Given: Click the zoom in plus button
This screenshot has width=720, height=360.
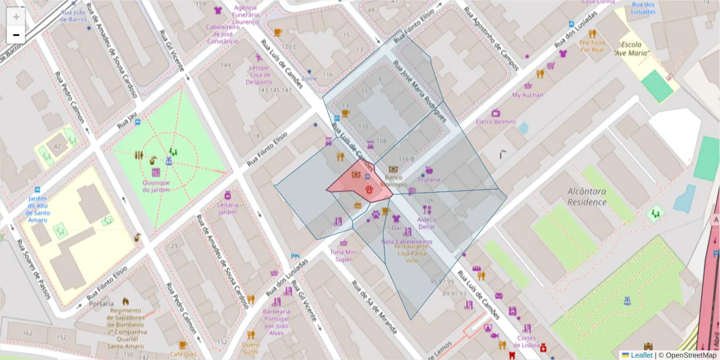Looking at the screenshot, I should [x=16, y=17].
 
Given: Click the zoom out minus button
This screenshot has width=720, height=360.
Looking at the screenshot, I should [x=16, y=35].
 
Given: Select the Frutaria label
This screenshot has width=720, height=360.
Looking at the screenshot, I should [x=429, y=179].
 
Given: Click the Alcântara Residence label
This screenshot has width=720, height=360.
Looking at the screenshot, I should [x=587, y=196].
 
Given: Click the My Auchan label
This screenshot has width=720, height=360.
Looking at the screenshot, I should [x=527, y=95].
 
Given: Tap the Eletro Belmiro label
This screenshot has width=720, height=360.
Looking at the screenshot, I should [x=496, y=122].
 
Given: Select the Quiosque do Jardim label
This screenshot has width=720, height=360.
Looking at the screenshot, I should [x=156, y=186].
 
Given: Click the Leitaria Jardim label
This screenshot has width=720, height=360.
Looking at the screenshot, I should [x=227, y=208].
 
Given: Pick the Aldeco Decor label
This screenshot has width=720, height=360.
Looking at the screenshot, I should [x=426, y=223].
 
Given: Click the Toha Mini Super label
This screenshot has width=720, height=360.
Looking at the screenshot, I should [x=344, y=256].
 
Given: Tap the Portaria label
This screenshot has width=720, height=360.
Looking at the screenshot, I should [x=101, y=304].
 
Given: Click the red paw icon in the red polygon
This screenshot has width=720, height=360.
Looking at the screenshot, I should [x=369, y=190].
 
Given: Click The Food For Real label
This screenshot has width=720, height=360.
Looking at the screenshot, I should [x=592, y=46].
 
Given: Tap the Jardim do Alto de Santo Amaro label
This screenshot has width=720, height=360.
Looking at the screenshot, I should [x=37, y=209].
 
